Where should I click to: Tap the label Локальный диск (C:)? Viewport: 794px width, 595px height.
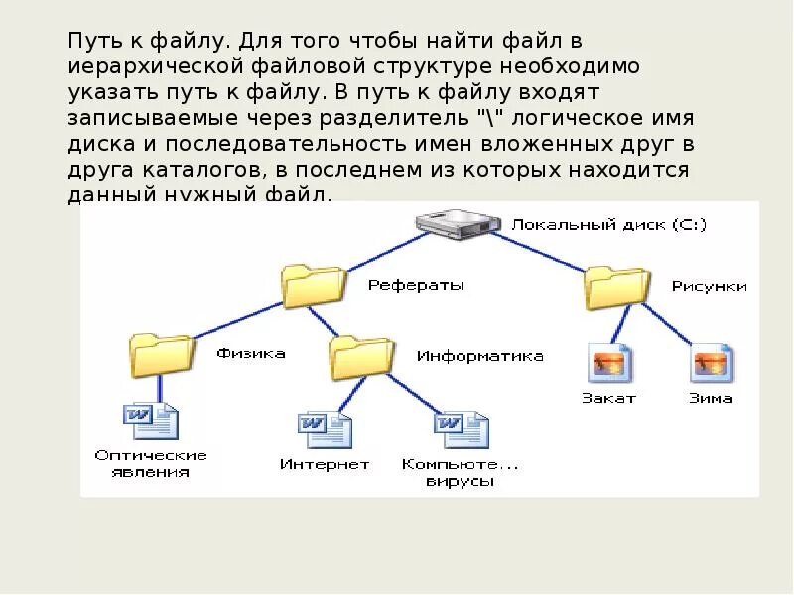point(608,225)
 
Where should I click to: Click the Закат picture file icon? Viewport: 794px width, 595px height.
point(610,364)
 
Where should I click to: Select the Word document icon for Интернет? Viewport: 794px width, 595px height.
point(325,429)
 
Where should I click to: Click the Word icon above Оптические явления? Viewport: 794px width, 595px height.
point(150,420)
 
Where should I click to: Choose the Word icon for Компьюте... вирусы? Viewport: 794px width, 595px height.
point(460,429)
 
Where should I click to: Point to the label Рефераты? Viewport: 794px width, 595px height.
point(416,285)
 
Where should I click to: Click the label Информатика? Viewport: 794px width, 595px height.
point(479,356)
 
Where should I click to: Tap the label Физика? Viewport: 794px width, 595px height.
point(251,353)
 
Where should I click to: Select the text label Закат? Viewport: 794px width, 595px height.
point(608,398)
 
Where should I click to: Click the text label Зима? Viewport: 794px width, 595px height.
point(711,398)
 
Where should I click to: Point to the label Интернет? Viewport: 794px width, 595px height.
point(324,464)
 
